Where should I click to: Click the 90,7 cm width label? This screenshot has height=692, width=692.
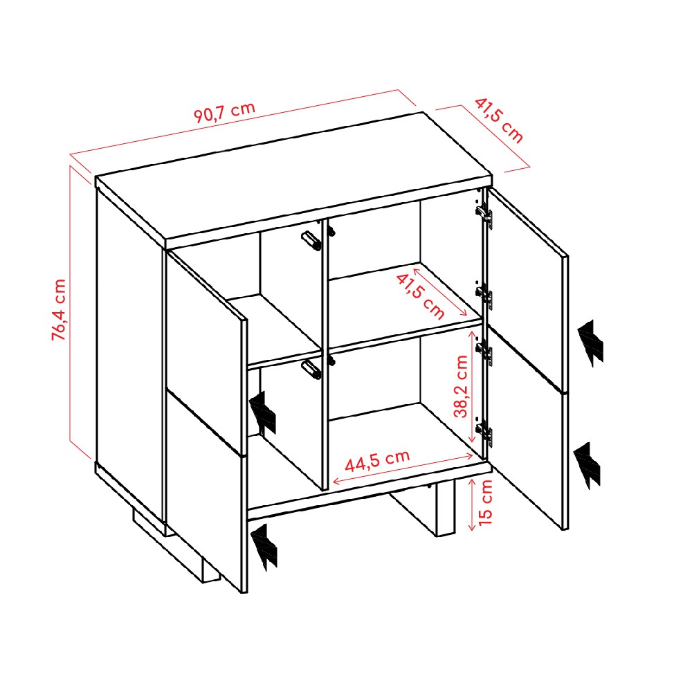point(225,112)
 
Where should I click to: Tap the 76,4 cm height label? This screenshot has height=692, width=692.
point(59,309)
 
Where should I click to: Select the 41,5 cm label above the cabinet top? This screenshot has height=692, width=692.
point(499,120)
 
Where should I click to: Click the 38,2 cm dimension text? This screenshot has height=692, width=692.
point(461,386)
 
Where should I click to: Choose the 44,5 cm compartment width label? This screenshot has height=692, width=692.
point(377,460)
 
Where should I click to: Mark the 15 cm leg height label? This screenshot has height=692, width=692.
point(485,502)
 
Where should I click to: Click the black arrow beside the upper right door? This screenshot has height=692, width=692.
point(590,343)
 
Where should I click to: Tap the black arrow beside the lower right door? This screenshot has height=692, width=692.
point(588,466)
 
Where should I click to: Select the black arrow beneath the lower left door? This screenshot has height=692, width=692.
point(264,547)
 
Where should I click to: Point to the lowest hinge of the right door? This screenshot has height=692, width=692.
point(484,430)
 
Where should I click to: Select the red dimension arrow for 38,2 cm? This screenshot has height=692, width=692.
point(472,386)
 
